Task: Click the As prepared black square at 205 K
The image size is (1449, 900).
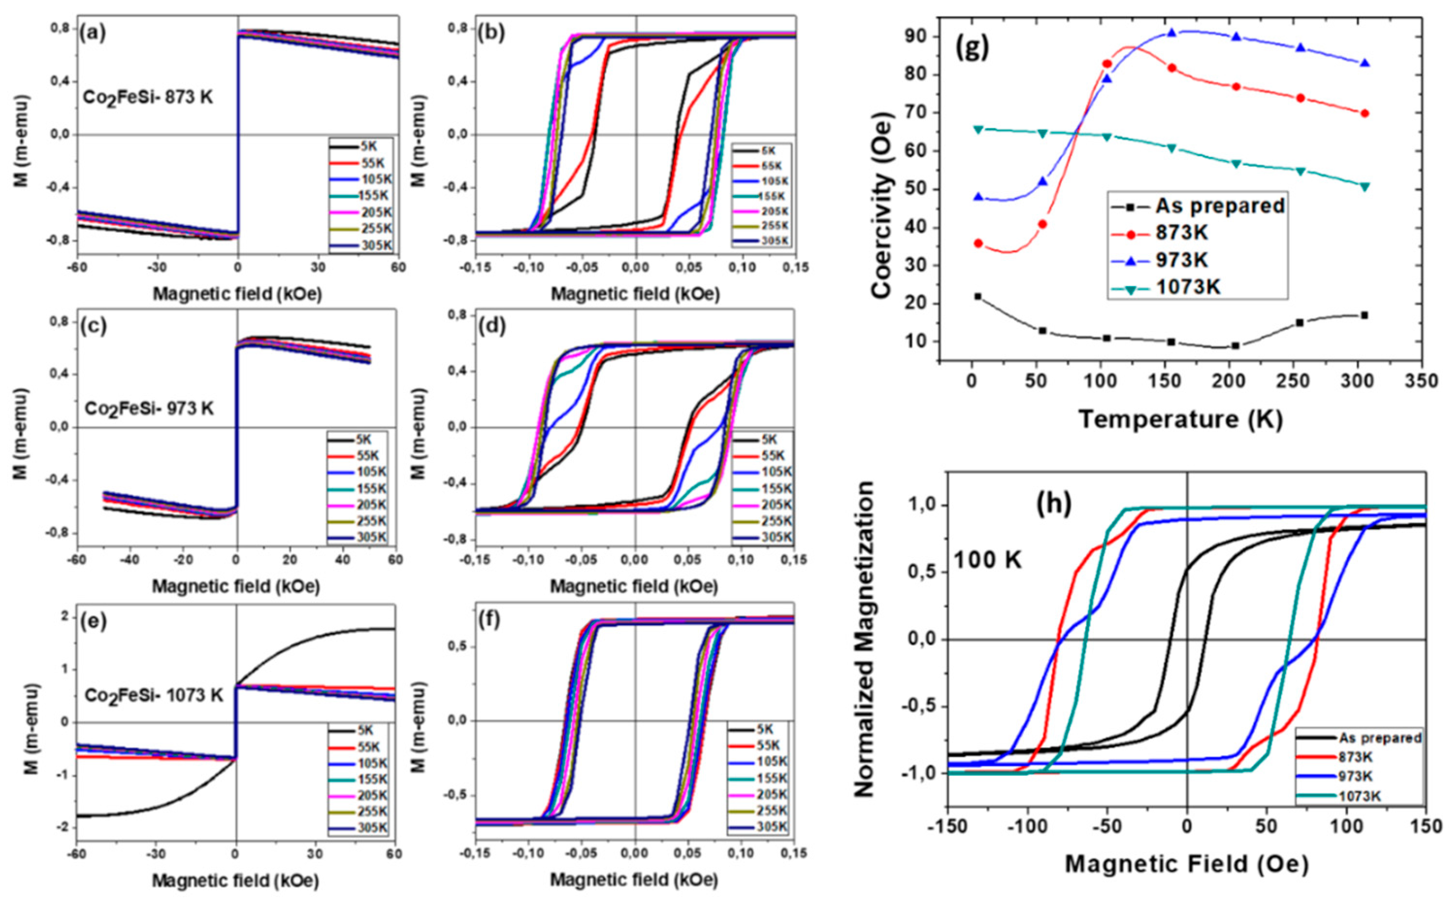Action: point(1235,345)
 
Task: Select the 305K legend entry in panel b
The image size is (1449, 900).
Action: point(771,241)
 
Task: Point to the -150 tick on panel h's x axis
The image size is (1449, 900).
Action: point(946,826)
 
